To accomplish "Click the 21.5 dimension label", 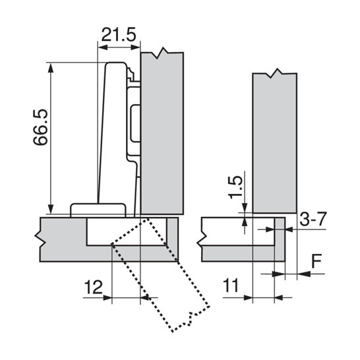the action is click(x=119, y=34).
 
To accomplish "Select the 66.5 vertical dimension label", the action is click(x=40, y=127).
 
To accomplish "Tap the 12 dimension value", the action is click(x=94, y=287).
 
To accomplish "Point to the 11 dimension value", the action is click(x=231, y=285).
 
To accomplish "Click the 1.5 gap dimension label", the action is click(x=235, y=187).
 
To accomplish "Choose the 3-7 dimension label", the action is click(x=313, y=219).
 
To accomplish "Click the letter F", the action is click(x=316, y=261).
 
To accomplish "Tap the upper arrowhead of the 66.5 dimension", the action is click(x=51, y=67).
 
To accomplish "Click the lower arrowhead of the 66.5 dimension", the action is click(x=51, y=209).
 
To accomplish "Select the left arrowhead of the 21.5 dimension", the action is click(x=103, y=47).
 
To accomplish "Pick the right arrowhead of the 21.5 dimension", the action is click(x=135, y=47).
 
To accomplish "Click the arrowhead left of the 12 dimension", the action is click(x=107, y=298).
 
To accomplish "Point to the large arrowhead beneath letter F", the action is click(x=304, y=274).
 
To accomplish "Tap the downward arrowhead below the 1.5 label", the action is click(x=245, y=208).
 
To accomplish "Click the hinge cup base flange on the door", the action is click(x=98, y=210).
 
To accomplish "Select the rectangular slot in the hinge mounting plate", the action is click(x=135, y=123).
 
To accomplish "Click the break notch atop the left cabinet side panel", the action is click(x=162, y=53).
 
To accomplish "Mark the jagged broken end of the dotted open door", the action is click(x=191, y=319).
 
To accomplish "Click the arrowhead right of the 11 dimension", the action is click(x=278, y=298).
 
